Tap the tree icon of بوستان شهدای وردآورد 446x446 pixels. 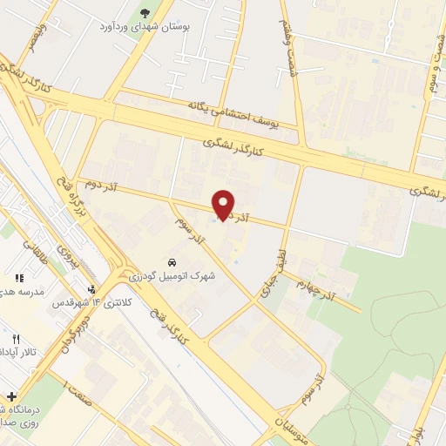(x=145, y=15)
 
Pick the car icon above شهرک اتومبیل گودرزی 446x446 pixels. (x=172, y=262)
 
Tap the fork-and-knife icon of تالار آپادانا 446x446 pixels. (x=16, y=339)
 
